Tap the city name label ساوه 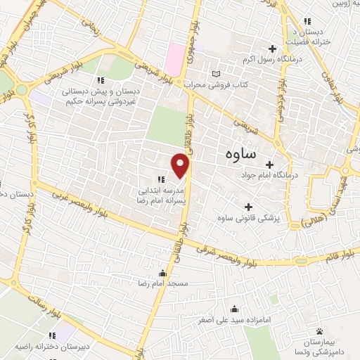241,153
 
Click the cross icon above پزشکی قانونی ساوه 247,207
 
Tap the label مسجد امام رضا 162,283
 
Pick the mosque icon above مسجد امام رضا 162,273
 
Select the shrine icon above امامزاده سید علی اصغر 234,308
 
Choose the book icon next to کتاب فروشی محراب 216,73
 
